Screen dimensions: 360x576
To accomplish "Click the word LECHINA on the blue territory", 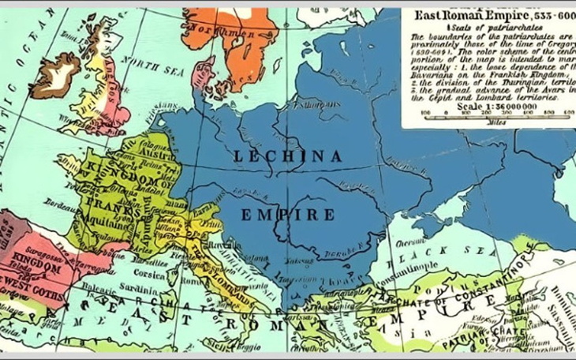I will [x=287, y=157].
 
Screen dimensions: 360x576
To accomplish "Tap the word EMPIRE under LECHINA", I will [x=287, y=215].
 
